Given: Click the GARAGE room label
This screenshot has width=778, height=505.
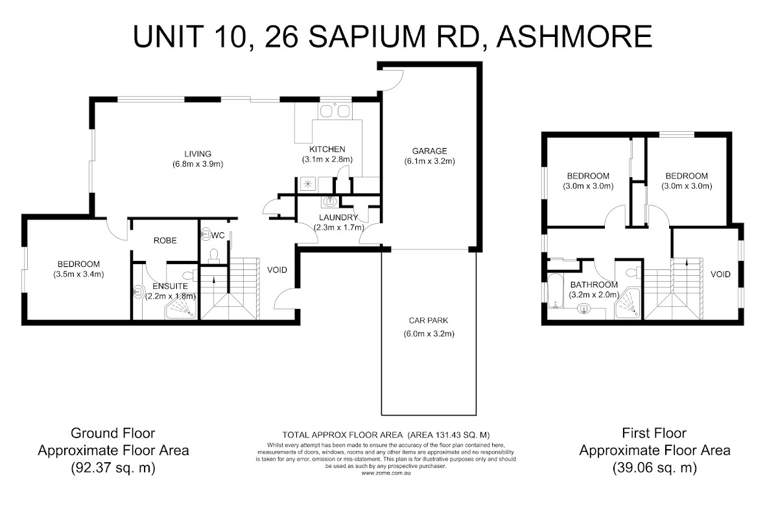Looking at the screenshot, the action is [429, 151].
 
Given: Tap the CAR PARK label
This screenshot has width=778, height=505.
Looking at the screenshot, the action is [429, 320].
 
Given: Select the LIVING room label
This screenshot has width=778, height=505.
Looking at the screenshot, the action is [198, 154].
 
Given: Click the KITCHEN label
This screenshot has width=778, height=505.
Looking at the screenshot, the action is [327, 149].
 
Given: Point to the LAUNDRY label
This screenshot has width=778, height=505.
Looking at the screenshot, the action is [338, 217].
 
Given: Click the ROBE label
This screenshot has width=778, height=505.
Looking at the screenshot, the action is [165, 240].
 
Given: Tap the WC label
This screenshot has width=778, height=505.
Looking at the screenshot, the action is [218, 236].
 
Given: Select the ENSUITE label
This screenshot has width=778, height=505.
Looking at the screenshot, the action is [170, 286].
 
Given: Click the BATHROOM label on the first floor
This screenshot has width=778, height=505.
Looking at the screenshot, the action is [594, 284].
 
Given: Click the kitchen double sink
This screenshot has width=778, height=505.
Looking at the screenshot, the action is [335, 111].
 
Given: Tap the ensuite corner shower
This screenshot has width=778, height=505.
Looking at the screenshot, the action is [181, 308].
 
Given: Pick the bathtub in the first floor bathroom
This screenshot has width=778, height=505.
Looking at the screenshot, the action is [556, 291].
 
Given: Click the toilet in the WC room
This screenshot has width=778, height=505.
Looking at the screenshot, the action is [213, 256].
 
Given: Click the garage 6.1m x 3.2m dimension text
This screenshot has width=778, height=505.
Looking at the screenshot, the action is [429, 161].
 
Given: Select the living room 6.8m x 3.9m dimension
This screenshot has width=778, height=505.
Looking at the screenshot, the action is [198, 164].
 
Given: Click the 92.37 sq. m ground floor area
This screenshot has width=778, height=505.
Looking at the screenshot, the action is [113, 467].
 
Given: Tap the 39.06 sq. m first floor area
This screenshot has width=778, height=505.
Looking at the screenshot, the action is [655, 467].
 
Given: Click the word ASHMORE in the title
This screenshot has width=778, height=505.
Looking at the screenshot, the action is [574, 36].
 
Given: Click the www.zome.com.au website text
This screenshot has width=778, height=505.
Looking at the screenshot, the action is [386, 473].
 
